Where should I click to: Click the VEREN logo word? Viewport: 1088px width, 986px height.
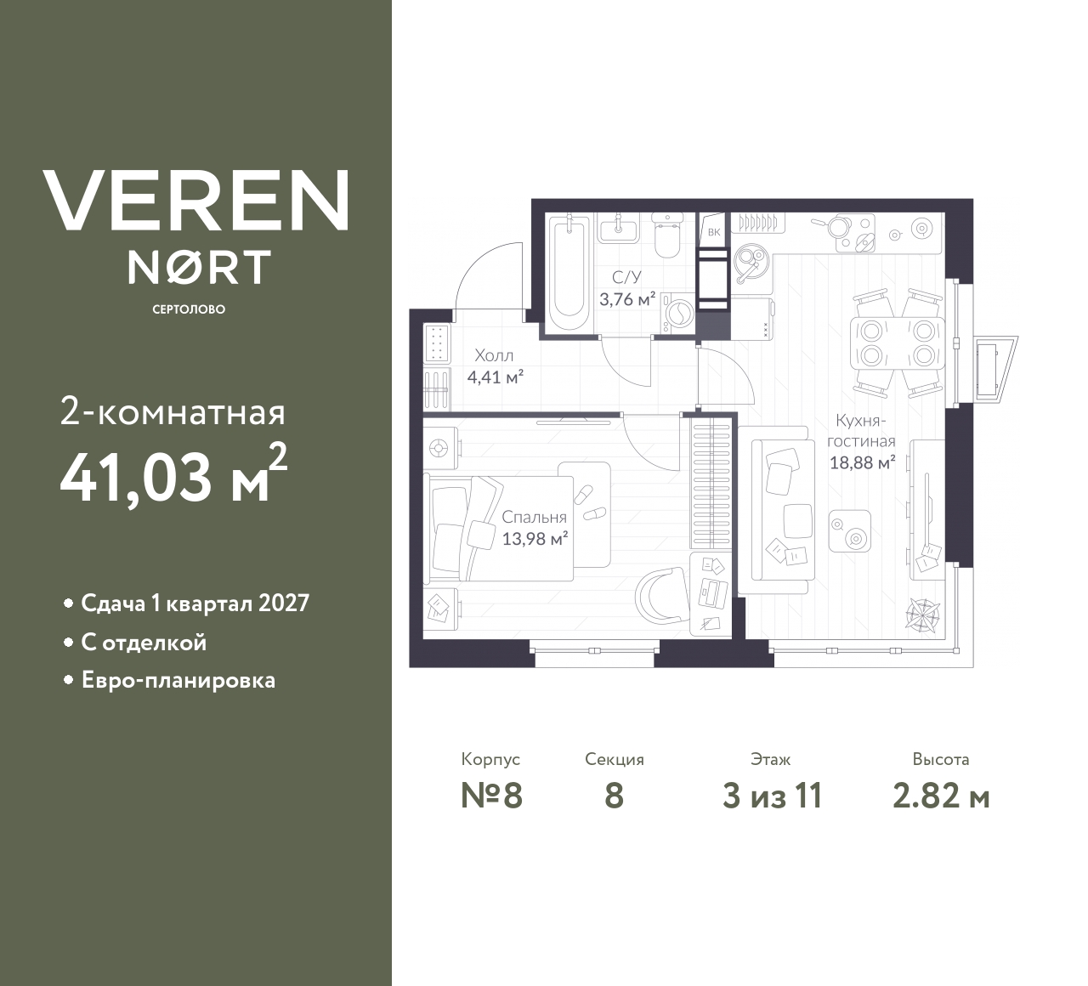tap(195, 200)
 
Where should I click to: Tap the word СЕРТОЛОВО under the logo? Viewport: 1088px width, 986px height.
tap(189, 309)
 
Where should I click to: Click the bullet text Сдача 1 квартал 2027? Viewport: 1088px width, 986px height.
tap(195, 603)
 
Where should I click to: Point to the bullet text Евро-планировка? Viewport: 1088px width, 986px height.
tap(178, 681)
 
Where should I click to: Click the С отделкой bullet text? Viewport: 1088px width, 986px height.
tap(144, 643)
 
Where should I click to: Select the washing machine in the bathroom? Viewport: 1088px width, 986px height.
tap(679, 313)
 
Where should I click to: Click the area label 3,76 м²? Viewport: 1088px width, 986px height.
tap(626, 299)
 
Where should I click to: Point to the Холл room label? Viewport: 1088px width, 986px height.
tap(494, 355)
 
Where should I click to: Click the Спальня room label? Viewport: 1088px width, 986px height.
tap(534, 517)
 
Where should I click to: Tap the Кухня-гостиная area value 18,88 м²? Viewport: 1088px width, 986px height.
tap(862, 463)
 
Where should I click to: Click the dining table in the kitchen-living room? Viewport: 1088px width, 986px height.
tap(898, 342)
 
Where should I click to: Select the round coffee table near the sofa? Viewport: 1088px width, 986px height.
tap(849, 531)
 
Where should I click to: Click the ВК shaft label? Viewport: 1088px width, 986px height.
tap(713, 232)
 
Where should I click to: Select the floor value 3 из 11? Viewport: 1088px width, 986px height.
tap(772, 796)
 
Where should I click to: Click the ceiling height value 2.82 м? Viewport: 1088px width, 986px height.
tap(941, 796)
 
